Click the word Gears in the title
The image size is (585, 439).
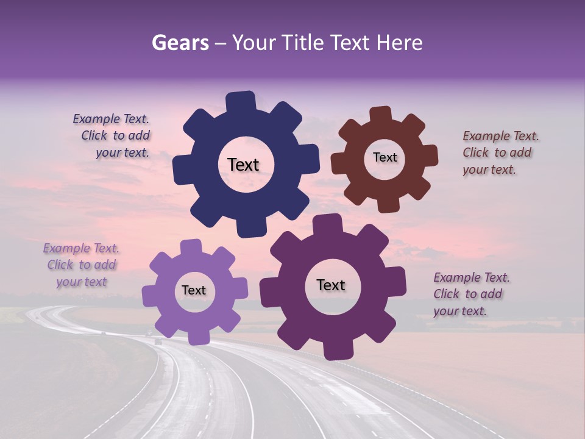[x=180, y=43]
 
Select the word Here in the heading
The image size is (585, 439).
[x=400, y=43]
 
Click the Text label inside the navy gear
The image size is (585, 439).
[x=243, y=165]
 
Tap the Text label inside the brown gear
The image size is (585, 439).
[x=385, y=157]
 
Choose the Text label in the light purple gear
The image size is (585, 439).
[x=194, y=290]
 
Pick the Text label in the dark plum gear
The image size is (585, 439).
[x=331, y=285]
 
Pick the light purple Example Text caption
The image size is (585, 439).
[x=81, y=265]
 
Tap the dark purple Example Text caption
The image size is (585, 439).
[x=470, y=294]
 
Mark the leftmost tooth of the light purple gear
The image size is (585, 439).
[x=150, y=296]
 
